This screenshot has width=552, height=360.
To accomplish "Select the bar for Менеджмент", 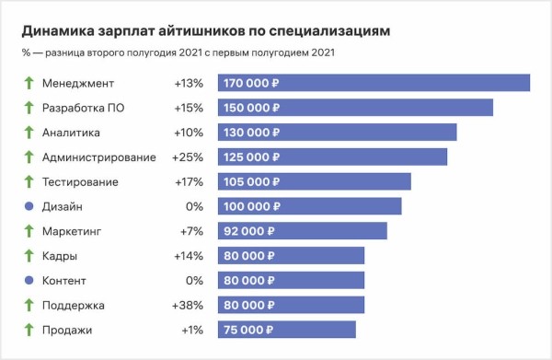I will click(x=374, y=83).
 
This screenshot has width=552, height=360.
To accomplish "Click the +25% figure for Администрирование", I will click(x=188, y=157).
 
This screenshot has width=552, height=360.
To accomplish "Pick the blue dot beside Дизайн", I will click(x=28, y=206).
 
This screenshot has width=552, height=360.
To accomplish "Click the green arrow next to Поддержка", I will click(x=28, y=305).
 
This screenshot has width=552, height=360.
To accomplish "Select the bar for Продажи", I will click(x=286, y=330).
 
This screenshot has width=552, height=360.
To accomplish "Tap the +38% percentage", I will click(x=188, y=305).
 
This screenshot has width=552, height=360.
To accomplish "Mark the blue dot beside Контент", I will click(x=28, y=280).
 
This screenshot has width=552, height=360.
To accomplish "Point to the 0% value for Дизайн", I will click(x=193, y=206).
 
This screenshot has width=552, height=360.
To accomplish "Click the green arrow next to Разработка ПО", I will click(x=28, y=108).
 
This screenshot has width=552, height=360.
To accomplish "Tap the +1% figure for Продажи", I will click(x=190, y=330).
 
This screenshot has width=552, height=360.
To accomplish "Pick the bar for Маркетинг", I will click(x=302, y=231).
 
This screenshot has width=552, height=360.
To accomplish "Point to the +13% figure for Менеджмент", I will click(x=188, y=83).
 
